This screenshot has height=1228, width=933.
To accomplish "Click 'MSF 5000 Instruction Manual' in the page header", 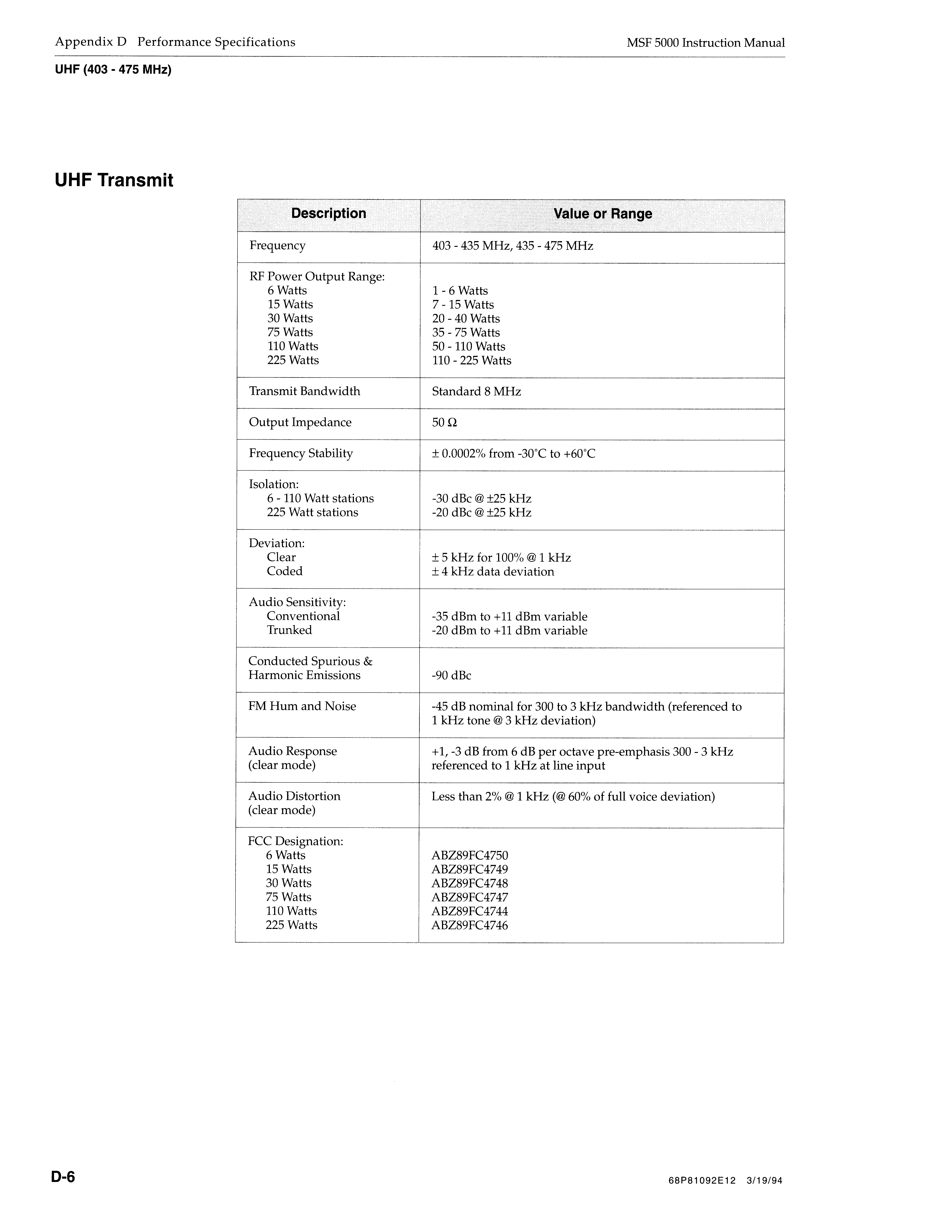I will [x=705, y=43].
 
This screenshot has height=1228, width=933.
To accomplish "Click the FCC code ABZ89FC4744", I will [x=469, y=911].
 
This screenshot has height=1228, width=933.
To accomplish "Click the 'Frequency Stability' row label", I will [x=300, y=453].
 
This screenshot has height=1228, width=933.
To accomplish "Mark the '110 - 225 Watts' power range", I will [x=472, y=360].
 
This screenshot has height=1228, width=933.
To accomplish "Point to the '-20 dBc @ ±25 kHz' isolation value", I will [x=481, y=513].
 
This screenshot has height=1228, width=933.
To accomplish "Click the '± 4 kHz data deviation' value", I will [x=493, y=571].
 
